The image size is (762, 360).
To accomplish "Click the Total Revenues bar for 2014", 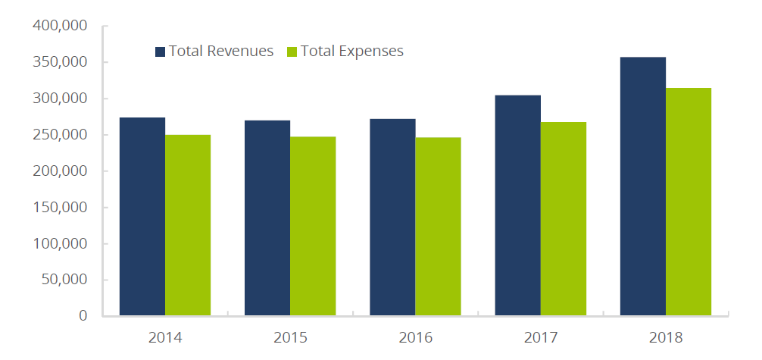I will [142, 216].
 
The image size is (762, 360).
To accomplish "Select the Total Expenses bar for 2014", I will [188, 225].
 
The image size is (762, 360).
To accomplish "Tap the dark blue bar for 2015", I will [267, 218].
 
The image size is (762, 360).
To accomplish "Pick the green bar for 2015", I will [313, 226].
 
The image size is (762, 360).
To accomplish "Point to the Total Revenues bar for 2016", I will [392, 217].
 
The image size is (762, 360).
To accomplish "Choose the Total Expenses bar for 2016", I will [438, 227].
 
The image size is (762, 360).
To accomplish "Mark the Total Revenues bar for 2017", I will [517, 205].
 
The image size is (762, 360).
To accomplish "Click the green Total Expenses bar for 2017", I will [563, 218].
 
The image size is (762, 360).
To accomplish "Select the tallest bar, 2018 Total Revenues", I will [642, 186].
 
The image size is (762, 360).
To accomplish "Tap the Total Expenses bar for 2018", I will [688, 201].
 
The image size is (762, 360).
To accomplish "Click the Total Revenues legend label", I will [221, 52].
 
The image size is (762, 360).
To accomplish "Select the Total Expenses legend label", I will [352, 52].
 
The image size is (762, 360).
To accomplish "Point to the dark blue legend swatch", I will [161, 52].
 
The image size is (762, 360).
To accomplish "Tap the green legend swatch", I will [292, 52].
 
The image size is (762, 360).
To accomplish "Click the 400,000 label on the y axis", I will [61, 27].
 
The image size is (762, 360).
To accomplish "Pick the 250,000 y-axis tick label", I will [61, 135].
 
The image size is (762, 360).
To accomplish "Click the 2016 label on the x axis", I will [415, 337].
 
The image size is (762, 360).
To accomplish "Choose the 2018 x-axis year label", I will [665, 337].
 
